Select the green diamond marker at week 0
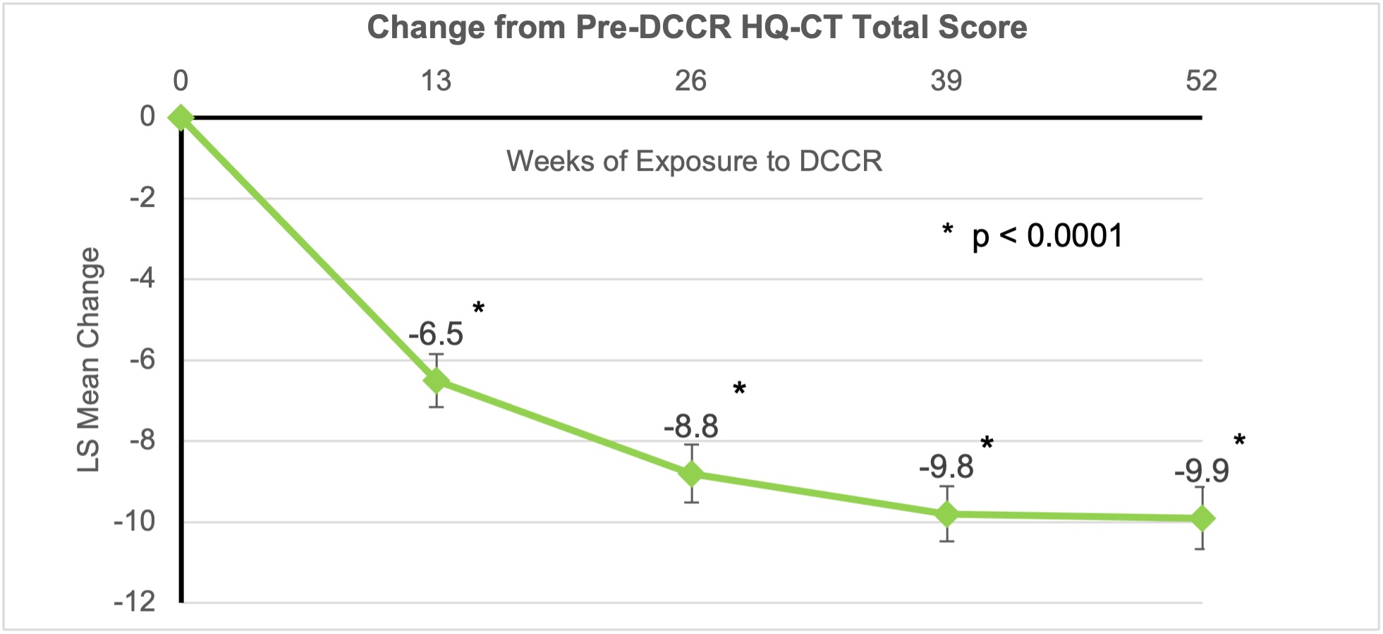[181, 117]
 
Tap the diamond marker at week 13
[437, 381]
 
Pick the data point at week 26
[692, 474]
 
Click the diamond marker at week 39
[946, 514]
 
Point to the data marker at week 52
[1202, 518]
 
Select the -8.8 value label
[691, 427]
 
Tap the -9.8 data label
[946, 467]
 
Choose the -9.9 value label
[1201, 471]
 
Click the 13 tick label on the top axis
[436, 81]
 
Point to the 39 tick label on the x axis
[946, 81]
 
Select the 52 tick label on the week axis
[1201, 81]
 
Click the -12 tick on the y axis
[135, 602]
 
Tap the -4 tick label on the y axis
[142, 279]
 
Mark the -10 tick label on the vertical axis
[135, 522]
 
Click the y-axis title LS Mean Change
[89, 359]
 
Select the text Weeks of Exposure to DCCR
[694, 162]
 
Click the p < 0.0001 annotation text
[1047, 236]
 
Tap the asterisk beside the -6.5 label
[479, 309]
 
